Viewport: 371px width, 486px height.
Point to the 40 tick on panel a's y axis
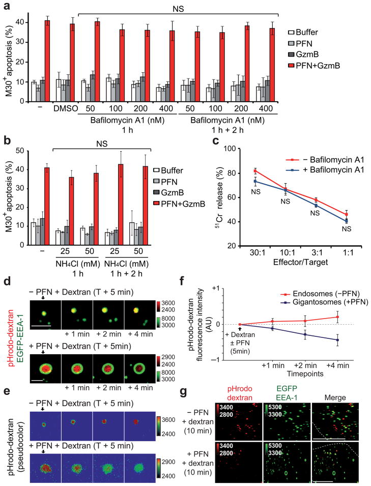(21, 22)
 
